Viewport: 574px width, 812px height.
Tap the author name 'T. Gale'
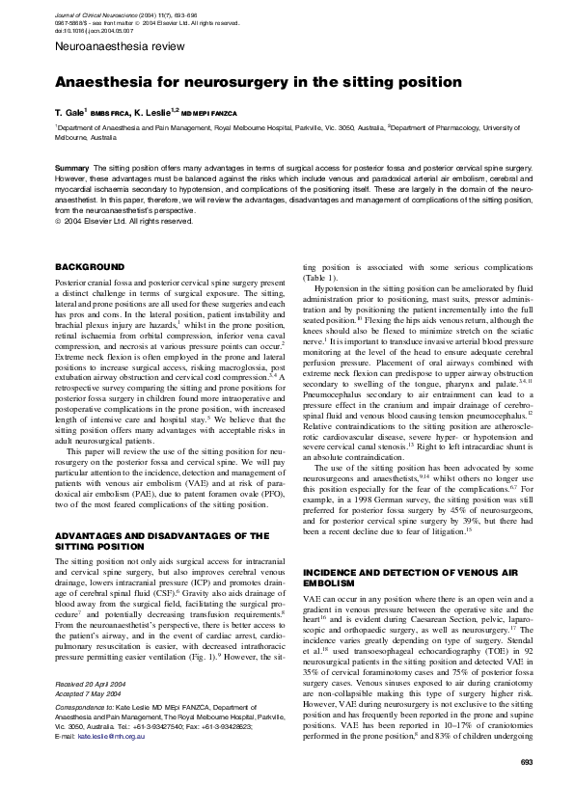pos(70,111)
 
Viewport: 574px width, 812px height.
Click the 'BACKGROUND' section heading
pos(89,266)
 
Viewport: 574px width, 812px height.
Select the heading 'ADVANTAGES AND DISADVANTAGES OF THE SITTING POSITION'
pos(161,540)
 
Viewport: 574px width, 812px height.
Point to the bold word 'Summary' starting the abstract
pos(71,167)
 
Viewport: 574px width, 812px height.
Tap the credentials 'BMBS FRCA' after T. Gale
pos(108,112)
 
